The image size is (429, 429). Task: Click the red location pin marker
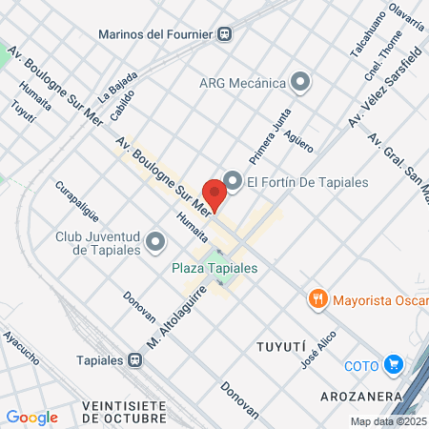[214, 194]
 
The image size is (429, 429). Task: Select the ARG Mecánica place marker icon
[302, 83]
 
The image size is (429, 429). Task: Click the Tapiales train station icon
[136, 361]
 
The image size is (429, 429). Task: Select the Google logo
[31, 417]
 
